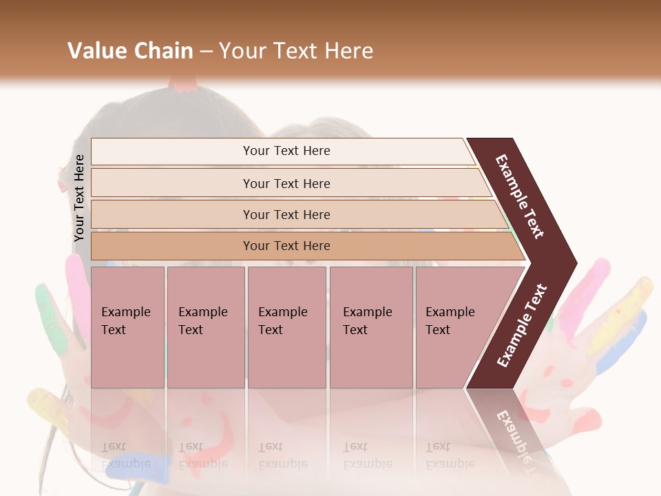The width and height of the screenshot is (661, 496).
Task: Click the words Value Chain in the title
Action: click(130, 51)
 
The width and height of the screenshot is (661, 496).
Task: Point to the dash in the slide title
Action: click(206, 52)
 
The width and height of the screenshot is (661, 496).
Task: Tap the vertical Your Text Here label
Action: click(79, 198)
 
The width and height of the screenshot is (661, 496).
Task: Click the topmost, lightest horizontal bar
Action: click(286, 151)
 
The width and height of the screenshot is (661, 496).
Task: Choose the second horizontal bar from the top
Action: click(286, 183)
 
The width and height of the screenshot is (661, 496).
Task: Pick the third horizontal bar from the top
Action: click(286, 214)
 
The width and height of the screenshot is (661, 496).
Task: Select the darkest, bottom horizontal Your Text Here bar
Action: click(286, 246)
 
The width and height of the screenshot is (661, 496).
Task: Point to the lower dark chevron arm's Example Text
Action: click(522, 326)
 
